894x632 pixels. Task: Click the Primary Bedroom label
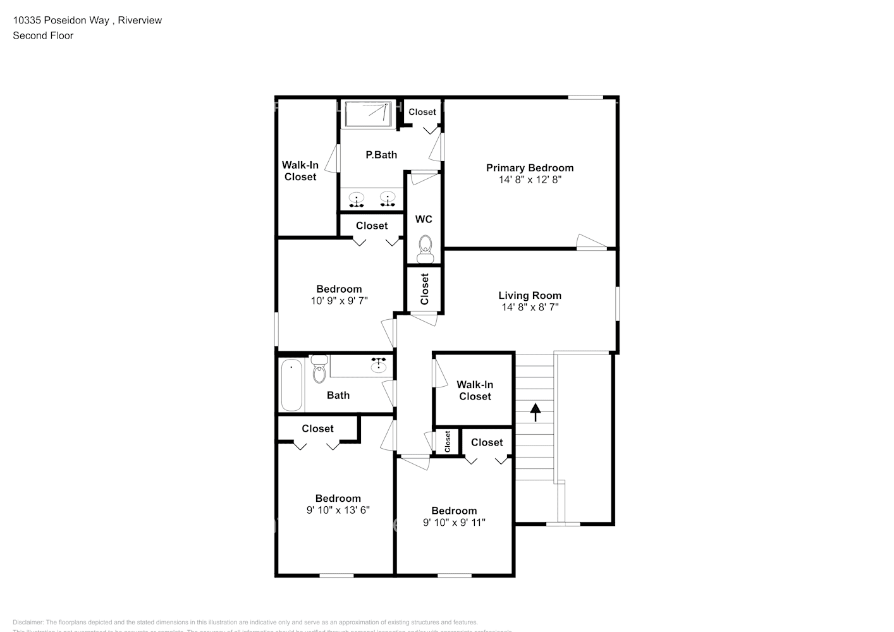(529, 167)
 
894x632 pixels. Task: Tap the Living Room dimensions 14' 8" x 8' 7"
(530, 307)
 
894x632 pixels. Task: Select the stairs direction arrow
(536, 412)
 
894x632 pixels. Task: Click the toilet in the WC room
(425, 247)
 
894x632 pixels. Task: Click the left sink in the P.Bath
(357, 199)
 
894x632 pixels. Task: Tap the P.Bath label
(381, 155)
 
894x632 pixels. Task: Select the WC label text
(424, 219)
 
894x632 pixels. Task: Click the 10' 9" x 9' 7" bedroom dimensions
(339, 301)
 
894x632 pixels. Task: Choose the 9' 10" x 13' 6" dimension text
(338, 510)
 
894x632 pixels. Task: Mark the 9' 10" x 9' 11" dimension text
(454, 523)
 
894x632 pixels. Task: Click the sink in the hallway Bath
(379, 365)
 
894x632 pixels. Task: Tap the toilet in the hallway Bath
(319, 371)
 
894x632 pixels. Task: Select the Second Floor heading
(43, 35)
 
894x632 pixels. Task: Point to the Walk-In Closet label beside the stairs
(475, 391)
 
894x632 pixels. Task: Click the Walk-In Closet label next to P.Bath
(300, 171)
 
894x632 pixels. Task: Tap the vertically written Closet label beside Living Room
(424, 289)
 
